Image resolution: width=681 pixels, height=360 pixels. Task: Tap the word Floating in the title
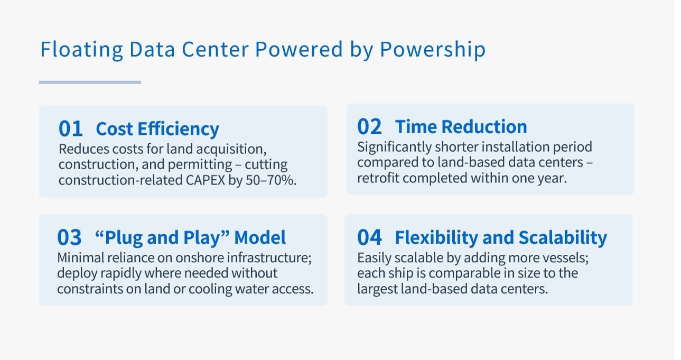[81, 50]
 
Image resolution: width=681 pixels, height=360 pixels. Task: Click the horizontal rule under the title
[90, 82]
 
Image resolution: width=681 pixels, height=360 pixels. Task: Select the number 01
[71, 129]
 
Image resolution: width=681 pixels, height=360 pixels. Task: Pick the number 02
[369, 127]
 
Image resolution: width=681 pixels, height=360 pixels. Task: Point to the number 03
[70, 238]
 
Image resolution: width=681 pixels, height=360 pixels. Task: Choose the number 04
[369, 238]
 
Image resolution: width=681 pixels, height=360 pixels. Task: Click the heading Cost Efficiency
[157, 129]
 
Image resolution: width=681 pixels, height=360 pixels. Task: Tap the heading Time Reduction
[461, 127]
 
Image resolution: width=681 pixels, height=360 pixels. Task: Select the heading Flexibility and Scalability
[501, 238]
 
